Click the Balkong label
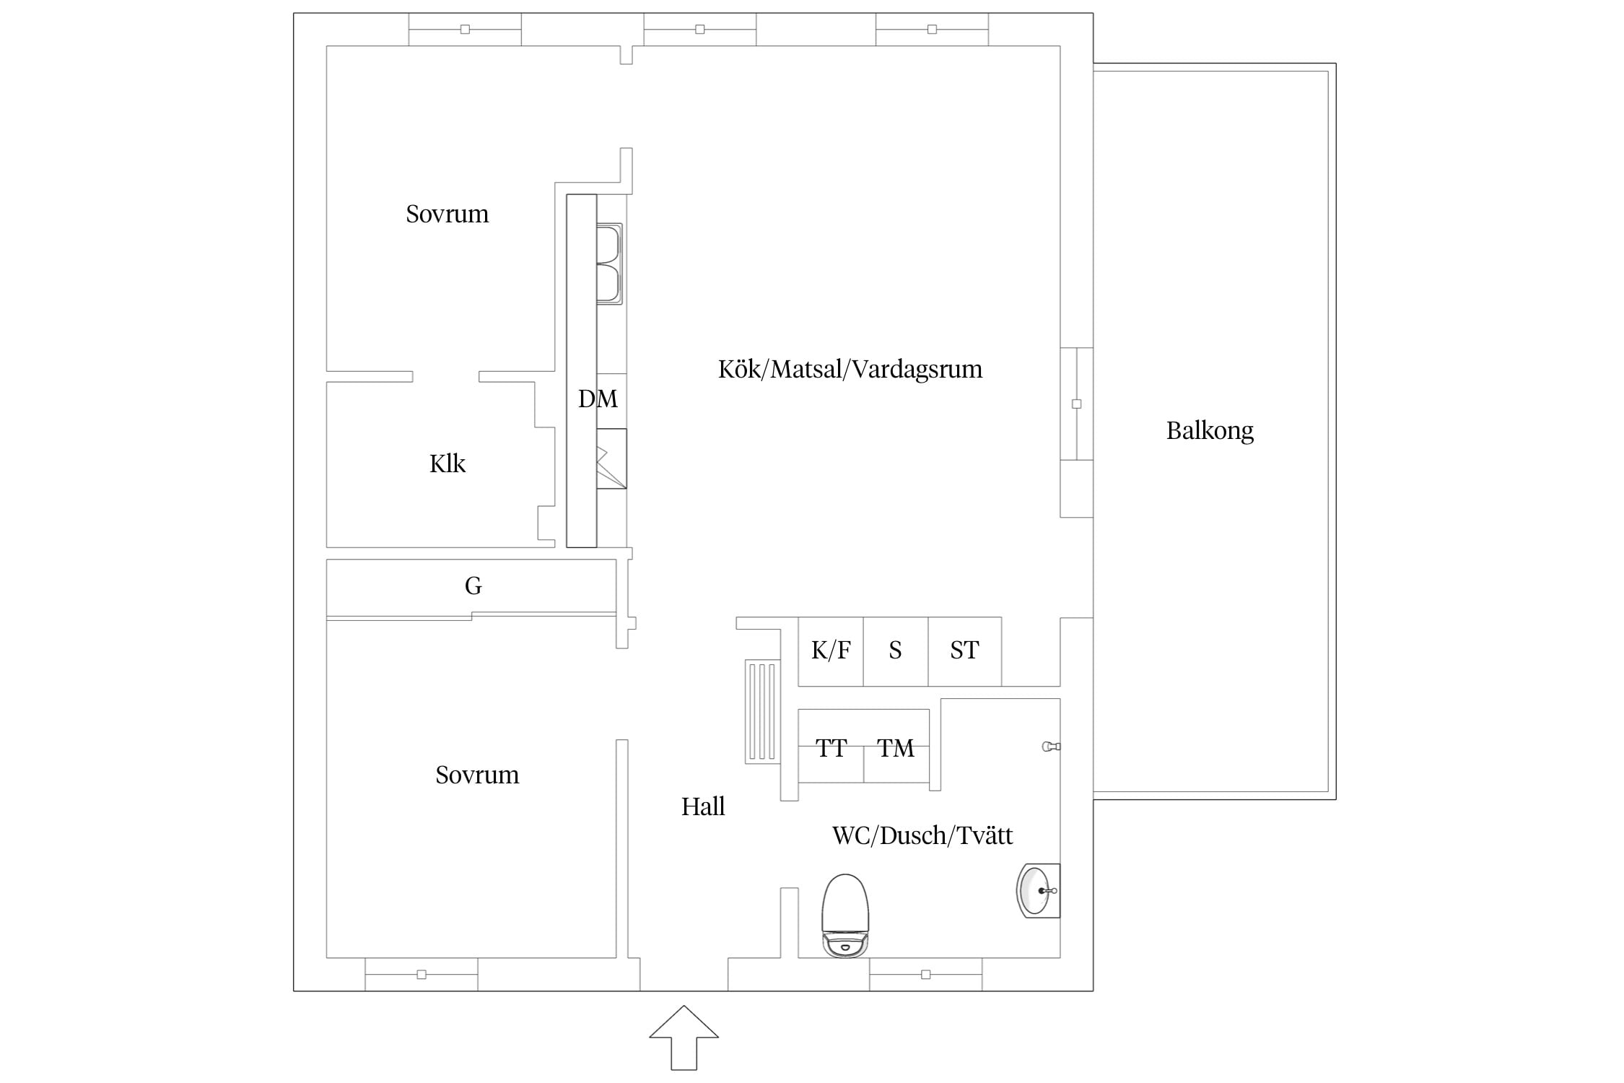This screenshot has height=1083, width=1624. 1210,431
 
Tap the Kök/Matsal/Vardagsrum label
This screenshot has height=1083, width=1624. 850,369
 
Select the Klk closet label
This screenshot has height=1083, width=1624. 448,464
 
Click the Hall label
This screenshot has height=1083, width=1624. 703,806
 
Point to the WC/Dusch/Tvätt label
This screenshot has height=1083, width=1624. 922,835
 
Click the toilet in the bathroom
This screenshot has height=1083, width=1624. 845,915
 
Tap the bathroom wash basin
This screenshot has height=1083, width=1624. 1038,891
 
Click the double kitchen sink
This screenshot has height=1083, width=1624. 609,264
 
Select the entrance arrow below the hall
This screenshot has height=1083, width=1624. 684,1037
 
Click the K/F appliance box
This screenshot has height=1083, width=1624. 831,651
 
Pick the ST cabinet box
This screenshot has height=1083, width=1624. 964,651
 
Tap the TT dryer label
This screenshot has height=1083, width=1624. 831,748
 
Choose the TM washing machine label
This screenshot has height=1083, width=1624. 896,748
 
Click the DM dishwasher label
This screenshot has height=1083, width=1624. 598,399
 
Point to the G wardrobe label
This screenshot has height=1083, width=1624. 473,586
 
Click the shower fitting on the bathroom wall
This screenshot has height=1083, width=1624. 1051,747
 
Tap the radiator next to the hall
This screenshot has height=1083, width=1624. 763,711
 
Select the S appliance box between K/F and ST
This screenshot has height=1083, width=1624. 896,651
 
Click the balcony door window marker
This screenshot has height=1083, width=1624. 1077,404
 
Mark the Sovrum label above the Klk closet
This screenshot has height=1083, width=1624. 448,214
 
